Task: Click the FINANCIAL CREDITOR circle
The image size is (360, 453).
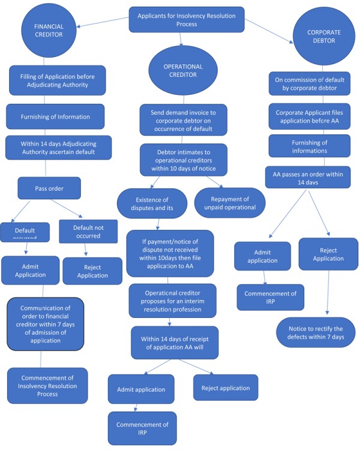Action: [x=49, y=31]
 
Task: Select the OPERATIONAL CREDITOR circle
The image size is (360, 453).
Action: [x=184, y=71]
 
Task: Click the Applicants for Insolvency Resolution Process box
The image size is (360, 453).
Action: [x=187, y=19]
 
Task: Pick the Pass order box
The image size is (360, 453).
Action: [x=49, y=188]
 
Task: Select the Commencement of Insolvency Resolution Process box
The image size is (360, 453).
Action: [x=47, y=385]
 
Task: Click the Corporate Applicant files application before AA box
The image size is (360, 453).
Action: [x=309, y=116]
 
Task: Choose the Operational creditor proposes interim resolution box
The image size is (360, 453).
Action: [x=172, y=301]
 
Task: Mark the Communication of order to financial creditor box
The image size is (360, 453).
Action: [x=45, y=324]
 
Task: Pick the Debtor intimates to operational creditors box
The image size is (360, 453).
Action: [x=184, y=159]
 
